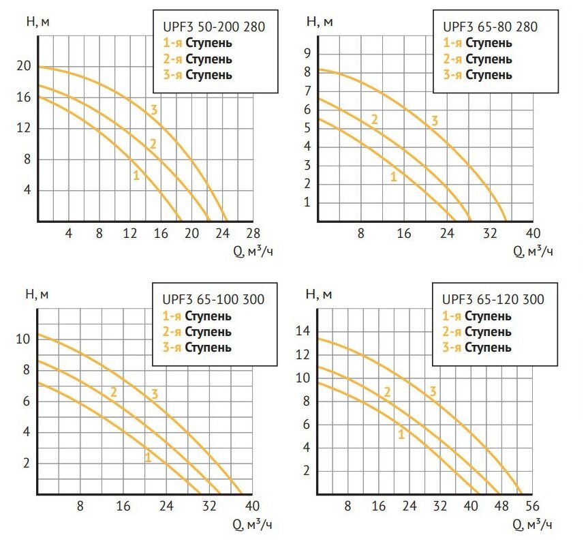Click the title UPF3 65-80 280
coord(490,28)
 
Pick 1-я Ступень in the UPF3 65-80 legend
coord(478,44)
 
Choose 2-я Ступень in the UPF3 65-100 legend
coord(197,332)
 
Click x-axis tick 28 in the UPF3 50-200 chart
coord(253,234)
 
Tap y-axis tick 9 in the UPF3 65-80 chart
coord(307,53)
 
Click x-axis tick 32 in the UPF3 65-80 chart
coord(490,234)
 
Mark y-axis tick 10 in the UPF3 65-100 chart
coord(24,339)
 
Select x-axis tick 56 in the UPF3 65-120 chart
coord(532,506)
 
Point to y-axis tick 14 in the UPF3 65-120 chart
coord(303,331)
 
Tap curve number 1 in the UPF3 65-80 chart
coord(393,177)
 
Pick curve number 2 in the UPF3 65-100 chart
coord(114,392)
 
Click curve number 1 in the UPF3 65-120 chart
coord(401,433)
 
